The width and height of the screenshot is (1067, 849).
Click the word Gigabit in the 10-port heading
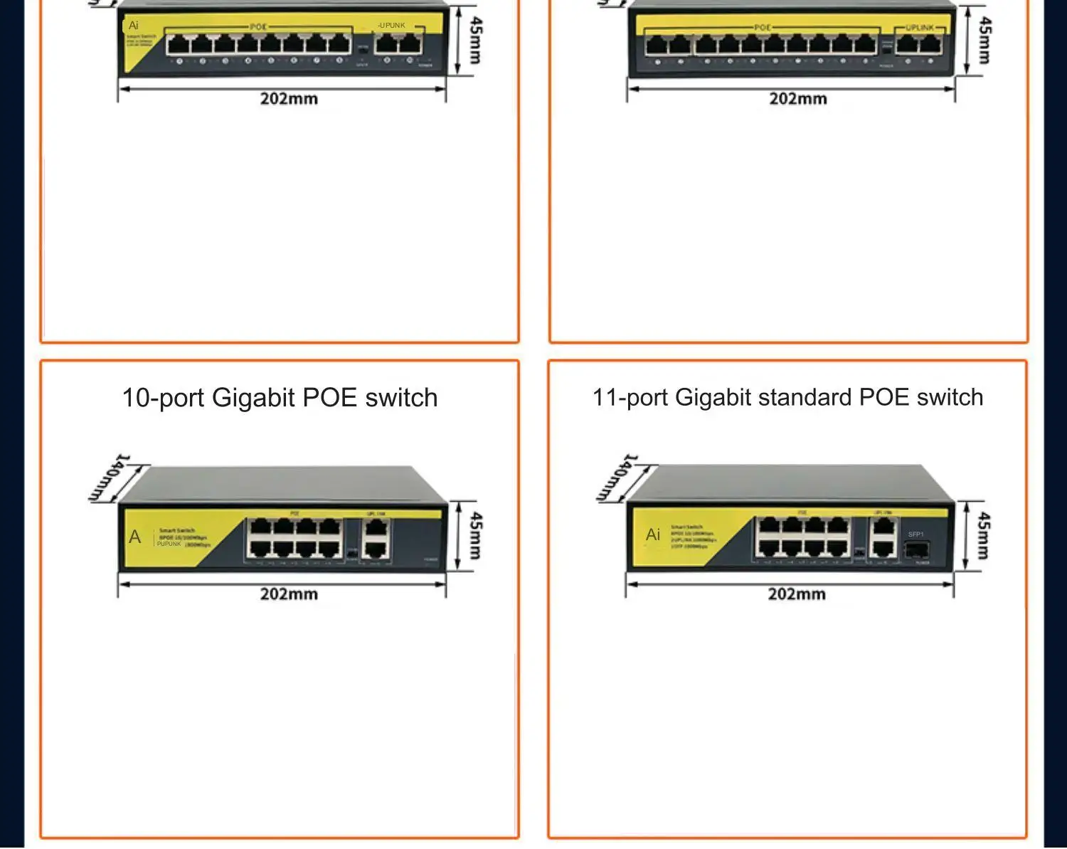click(253, 398)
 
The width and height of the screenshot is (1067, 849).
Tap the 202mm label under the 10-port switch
click(289, 594)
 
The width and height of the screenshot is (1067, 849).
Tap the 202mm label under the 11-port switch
click(797, 594)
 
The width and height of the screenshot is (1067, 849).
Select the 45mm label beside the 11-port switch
click(983, 535)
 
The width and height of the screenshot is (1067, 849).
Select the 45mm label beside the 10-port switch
click(476, 535)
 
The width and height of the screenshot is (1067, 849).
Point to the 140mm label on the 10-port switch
click(110, 477)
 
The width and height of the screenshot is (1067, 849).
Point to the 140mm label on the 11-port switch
click(617, 477)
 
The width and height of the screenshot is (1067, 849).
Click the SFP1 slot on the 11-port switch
click(916, 549)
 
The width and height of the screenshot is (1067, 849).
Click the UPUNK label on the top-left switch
click(391, 26)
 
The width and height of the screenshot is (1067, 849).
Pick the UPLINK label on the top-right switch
click(920, 28)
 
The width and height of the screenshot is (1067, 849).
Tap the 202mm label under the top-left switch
click(289, 98)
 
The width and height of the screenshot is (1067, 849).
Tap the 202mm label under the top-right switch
click(797, 98)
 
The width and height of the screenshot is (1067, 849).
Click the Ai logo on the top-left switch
click(133, 26)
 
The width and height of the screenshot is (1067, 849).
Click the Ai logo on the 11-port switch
click(653, 534)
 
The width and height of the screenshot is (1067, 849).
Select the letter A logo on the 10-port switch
click(135, 537)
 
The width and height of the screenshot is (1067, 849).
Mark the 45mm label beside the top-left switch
click(476, 41)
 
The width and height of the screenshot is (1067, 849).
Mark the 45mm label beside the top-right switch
click(984, 41)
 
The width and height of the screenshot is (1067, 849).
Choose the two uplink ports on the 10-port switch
click(376, 539)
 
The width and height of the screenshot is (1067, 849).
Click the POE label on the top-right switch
click(762, 28)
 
